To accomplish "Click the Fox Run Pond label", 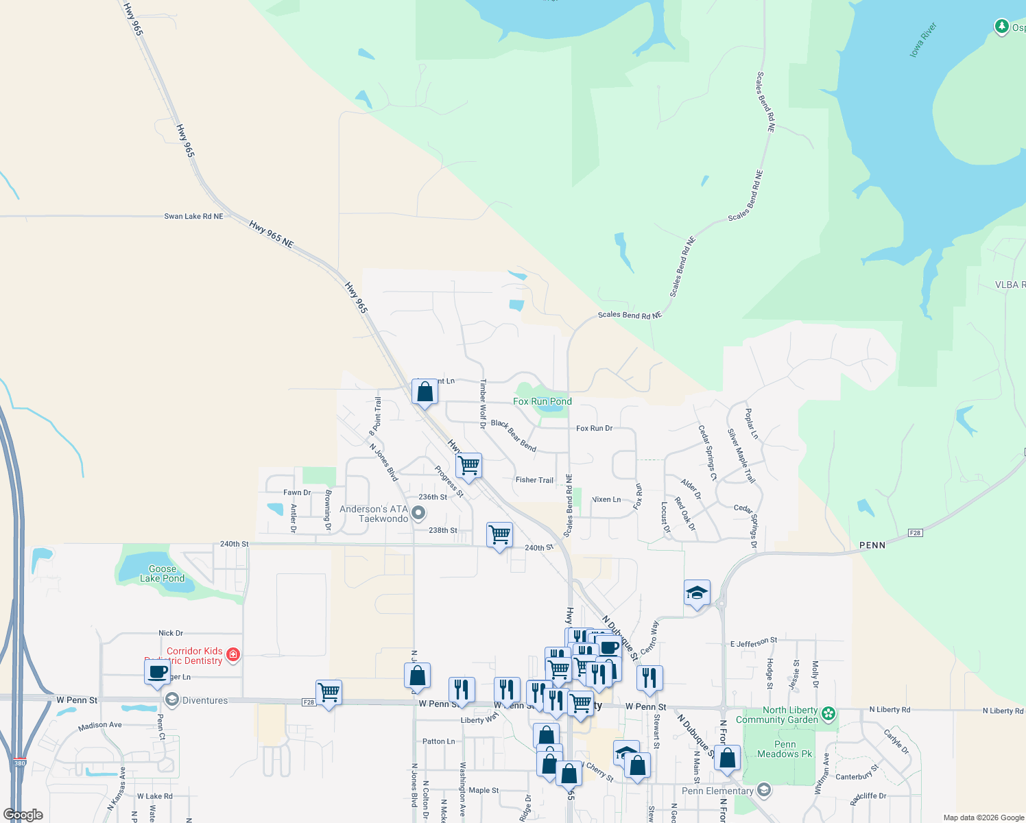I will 542,401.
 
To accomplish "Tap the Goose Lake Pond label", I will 162,573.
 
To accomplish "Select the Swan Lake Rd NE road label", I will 193,216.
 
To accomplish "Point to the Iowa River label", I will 922,40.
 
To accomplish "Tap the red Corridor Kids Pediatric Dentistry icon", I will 233,654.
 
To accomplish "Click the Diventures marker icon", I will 171,700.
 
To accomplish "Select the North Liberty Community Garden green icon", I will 828,714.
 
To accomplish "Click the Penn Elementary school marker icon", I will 763,791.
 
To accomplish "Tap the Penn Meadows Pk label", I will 785,749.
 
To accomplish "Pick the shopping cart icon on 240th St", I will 499,534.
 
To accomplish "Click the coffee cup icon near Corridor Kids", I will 157,671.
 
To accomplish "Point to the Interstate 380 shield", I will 19,763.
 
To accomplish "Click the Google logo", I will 23,815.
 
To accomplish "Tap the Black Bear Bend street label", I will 514,435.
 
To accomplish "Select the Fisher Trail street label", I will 534,480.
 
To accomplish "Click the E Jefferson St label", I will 753,643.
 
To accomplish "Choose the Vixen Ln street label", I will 606,499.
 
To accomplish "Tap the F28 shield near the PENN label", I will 915,533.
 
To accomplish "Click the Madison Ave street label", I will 99,726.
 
